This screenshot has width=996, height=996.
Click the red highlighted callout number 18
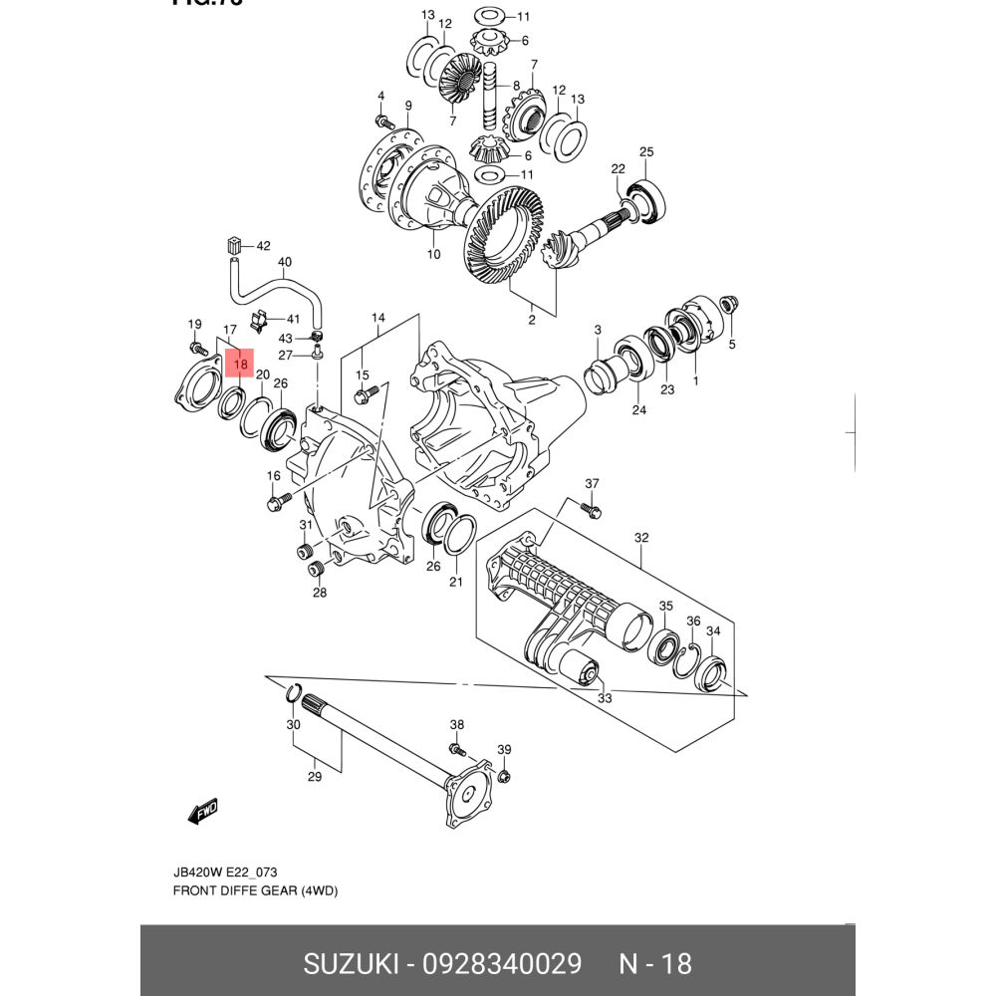(240, 364)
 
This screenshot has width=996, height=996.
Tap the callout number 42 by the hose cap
(263, 245)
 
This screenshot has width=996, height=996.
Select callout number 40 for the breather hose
(285, 264)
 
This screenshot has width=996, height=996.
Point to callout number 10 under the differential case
(433, 254)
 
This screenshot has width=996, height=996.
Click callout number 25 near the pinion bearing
(646, 152)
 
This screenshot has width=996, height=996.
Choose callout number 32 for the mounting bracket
(641, 538)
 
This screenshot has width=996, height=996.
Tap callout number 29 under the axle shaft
(315, 777)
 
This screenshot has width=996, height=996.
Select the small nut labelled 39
(503, 776)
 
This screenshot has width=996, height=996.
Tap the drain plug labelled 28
(318, 569)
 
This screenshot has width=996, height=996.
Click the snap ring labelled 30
(294, 692)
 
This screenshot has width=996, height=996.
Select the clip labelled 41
(259, 321)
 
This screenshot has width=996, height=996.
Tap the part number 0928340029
(502, 964)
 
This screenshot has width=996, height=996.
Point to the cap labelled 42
(234, 245)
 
